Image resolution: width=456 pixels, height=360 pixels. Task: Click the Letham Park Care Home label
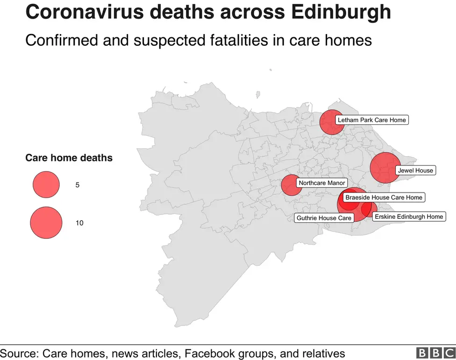[371, 120]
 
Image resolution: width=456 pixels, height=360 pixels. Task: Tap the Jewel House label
[415, 171]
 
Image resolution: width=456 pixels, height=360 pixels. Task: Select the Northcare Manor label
[321, 183]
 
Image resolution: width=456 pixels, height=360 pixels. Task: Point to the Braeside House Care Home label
[384, 197]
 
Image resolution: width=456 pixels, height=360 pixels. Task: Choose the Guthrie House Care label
[324, 218]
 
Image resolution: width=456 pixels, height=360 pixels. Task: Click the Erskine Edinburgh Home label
[408, 216]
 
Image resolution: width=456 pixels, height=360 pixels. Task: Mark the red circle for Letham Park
[332, 122]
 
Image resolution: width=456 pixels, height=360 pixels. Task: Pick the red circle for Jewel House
[385, 167]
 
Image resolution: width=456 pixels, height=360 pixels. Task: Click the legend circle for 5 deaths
[46, 185]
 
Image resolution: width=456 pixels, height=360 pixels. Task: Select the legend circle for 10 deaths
[46, 223]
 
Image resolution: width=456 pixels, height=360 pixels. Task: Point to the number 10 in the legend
[79, 223]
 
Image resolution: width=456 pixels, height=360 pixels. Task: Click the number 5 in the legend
[78, 185]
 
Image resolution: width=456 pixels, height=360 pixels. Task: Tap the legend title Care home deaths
[69, 158]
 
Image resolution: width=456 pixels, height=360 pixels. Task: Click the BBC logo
[435, 353]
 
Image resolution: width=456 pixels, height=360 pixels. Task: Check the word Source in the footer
[19, 353]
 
